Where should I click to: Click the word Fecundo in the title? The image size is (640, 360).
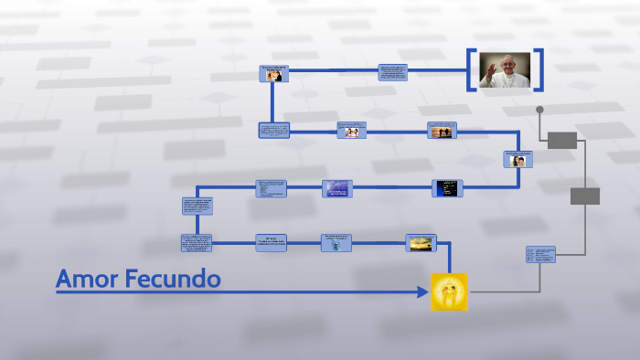[175, 279]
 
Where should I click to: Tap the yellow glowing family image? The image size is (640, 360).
[449, 291]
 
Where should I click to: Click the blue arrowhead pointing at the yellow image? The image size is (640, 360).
[421, 291]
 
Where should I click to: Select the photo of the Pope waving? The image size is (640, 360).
[505, 70]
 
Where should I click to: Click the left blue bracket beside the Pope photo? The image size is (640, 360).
[472, 70]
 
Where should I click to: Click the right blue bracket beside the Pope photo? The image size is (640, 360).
[539, 70]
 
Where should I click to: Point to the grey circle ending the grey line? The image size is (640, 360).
[539, 110]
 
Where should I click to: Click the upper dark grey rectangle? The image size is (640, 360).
[562, 140]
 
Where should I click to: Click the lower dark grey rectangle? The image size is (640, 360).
[585, 196]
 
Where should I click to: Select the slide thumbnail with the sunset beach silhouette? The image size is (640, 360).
[442, 131]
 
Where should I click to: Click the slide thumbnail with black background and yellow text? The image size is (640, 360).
[447, 188]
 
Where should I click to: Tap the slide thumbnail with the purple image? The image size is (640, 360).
[336, 188]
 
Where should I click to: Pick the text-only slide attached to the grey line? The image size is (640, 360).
[540, 255]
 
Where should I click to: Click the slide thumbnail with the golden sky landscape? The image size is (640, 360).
[421, 243]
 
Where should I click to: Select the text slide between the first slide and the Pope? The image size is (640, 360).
[393, 73]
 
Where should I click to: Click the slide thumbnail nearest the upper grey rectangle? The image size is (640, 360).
[517, 159]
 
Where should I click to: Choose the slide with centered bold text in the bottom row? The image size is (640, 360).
[271, 243]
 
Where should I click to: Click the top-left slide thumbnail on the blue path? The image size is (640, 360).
[273, 74]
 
